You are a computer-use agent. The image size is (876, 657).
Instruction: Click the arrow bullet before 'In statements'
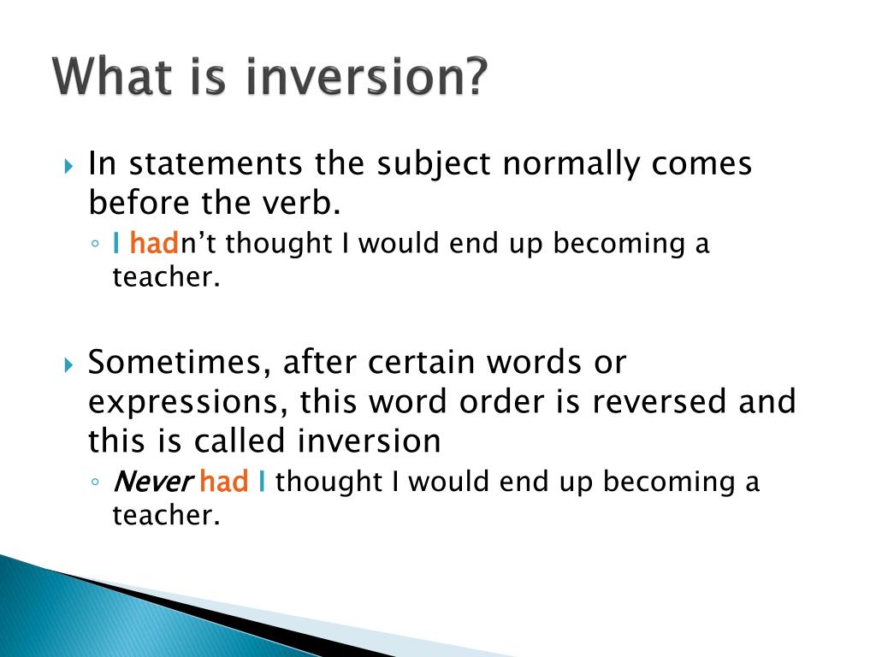click(70, 164)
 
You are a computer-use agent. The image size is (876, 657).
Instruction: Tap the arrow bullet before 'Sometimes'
click(70, 364)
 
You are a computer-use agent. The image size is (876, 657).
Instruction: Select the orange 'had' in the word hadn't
click(154, 244)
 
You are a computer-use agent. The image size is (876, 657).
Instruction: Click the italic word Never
click(151, 482)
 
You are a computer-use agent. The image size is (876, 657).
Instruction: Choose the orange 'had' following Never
click(223, 482)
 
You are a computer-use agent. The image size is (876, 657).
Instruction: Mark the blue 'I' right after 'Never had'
click(261, 482)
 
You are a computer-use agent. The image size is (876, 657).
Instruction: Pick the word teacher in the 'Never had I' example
click(161, 516)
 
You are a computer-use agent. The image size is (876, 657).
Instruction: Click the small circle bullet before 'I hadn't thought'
click(96, 246)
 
